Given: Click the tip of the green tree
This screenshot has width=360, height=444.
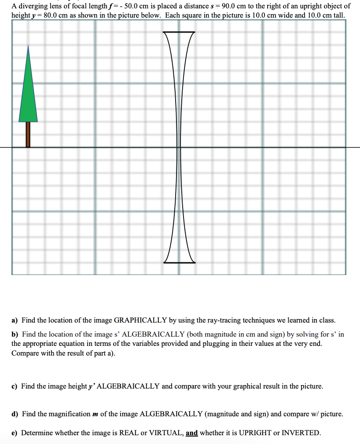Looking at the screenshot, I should tap(28, 46).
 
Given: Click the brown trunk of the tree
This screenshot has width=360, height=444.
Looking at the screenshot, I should tap(28, 134).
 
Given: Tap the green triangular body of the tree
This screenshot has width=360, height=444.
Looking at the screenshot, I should tap(28, 97).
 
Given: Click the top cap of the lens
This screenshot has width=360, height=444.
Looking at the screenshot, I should tap(179, 32).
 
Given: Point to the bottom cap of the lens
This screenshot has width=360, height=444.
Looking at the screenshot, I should tap(179, 262).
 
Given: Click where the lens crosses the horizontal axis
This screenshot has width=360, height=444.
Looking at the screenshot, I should tap(179, 147).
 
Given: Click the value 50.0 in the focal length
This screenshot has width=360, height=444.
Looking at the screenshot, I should tap(132, 6).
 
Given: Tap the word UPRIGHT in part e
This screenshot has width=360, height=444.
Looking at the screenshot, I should tap(257, 433).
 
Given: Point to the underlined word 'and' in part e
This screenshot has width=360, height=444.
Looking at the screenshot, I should tap(192, 433).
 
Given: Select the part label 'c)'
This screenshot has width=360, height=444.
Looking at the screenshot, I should tap(15, 386).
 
